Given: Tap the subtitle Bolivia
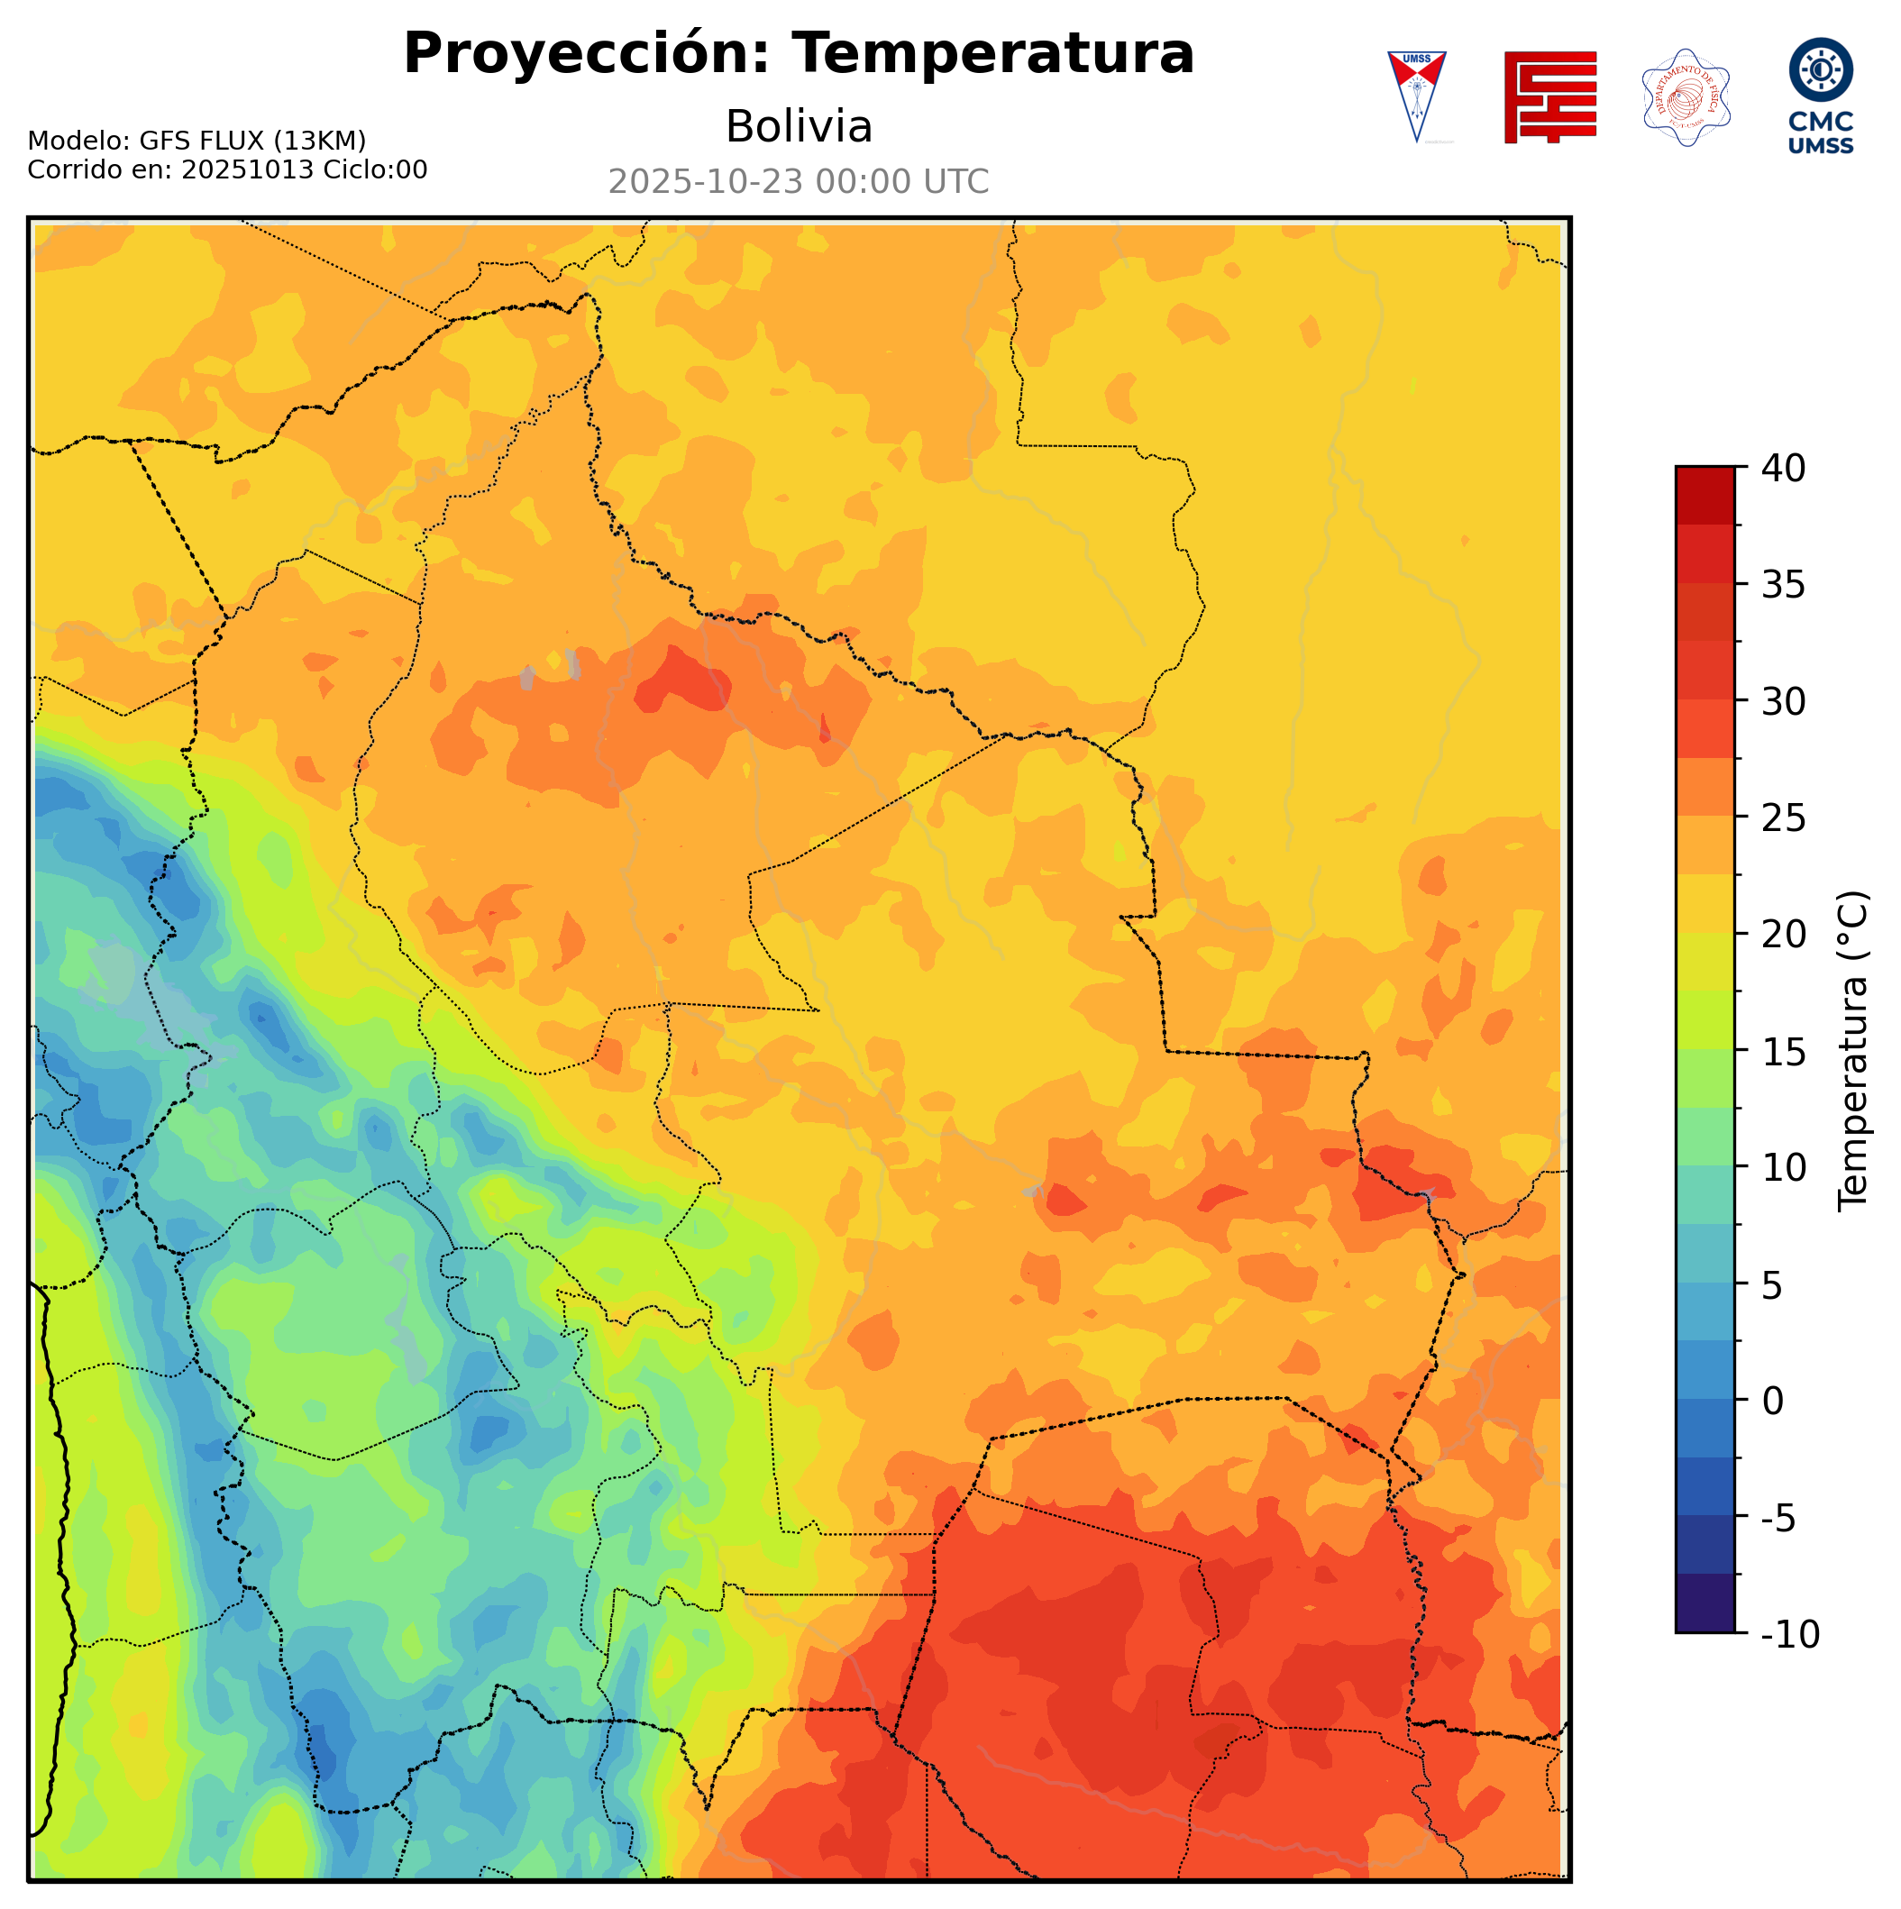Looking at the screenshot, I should point(799,126).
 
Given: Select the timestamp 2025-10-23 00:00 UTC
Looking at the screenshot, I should point(799,182).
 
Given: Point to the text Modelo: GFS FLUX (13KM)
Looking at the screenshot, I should point(196,142).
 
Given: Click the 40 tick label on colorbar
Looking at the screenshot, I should point(1784,469).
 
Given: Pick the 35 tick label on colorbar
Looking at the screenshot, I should point(1784,585).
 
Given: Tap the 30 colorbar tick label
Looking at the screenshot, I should point(1784,701).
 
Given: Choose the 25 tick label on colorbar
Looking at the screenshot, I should point(1784,818).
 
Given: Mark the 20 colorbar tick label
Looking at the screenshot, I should point(1784,935).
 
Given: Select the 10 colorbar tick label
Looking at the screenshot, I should point(1784,1168).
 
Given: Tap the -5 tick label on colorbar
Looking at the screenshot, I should point(1778,1519).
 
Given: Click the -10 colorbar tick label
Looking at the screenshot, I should point(1789,1635).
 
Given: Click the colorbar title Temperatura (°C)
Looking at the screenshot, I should point(1853,1051).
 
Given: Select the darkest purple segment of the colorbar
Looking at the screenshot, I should point(1705,1605).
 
